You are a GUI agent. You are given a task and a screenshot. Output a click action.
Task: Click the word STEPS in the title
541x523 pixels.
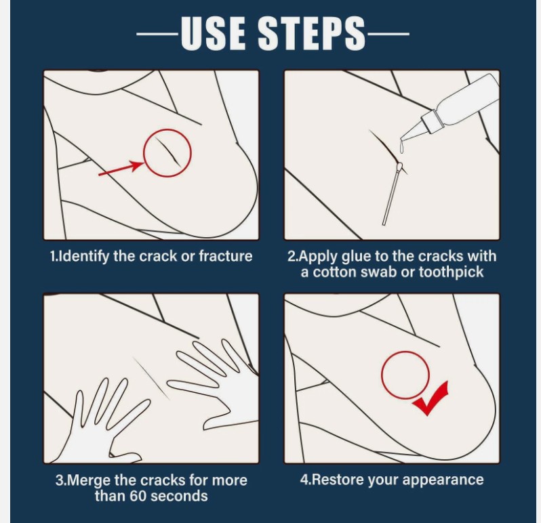click(312, 33)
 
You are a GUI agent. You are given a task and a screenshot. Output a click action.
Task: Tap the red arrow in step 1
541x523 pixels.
click(121, 168)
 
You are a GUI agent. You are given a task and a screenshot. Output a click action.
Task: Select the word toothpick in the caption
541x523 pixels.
click(451, 272)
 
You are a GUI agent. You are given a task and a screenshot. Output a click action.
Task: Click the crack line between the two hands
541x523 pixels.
click(151, 378)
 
